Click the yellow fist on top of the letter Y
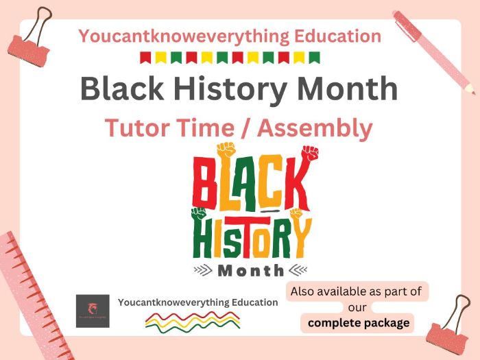click(296, 213)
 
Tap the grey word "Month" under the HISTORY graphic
click(250, 270)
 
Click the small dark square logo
click(93, 311)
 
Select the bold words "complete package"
click(359, 322)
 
